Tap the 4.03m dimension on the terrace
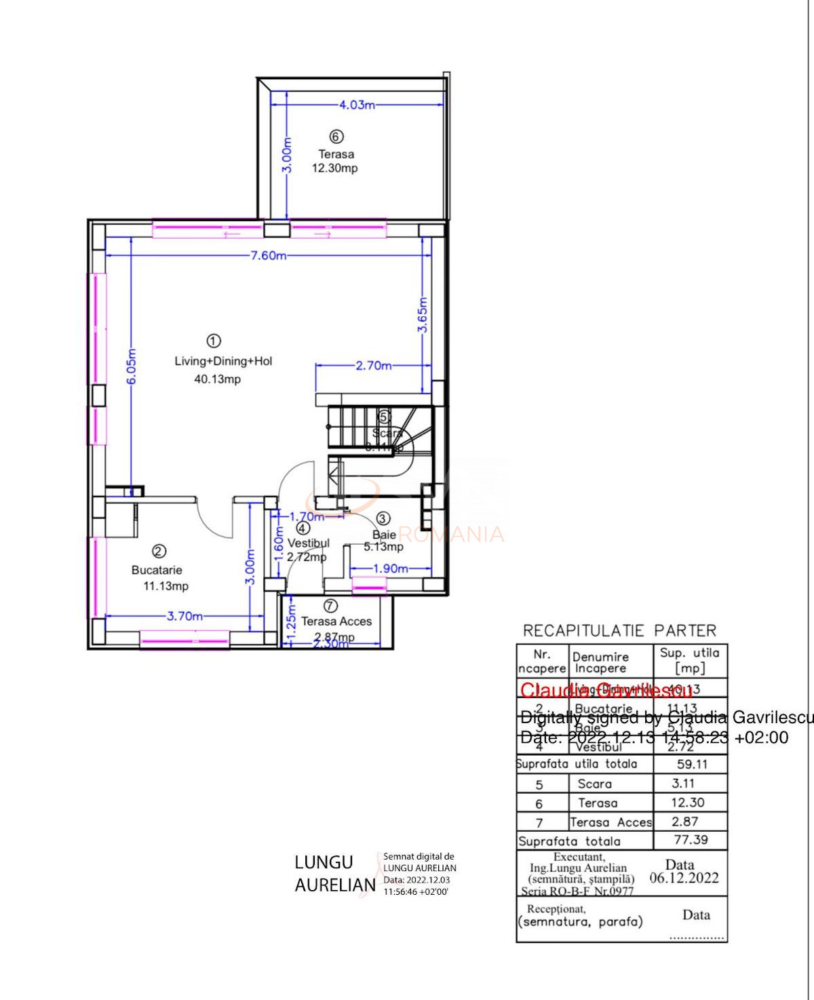[x=357, y=105]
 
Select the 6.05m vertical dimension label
[x=132, y=366]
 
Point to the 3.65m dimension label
[x=422, y=315]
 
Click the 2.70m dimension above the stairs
[x=374, y=366]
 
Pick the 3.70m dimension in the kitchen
[x=185, y=616]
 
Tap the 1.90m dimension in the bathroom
[x=390, y=569]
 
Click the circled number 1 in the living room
[x=213, y=340]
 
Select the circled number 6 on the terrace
[x=336, y=136]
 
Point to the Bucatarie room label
[x=157, y=570]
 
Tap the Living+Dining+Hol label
[x=223, y=361]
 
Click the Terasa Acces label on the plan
[x=336, y=621]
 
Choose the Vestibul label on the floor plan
[x=308, y=543]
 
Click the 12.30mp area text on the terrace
[x=334, y=168]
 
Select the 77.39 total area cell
[x=691, y=840]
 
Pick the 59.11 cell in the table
[x=691, y=764]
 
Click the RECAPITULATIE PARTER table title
[x=619, y=631]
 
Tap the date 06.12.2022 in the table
[x=684, y=878]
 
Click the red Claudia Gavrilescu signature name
[x=606, y=691]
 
